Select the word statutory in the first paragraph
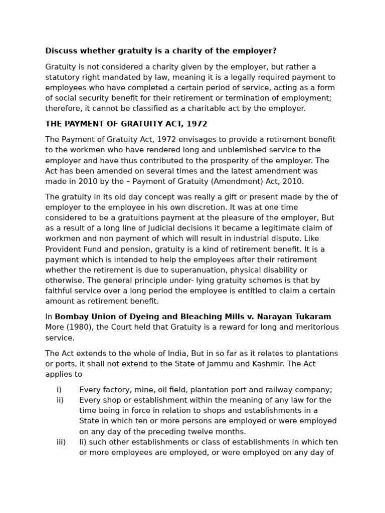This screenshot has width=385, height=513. [62, 77]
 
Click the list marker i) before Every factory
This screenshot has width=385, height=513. [59, 390]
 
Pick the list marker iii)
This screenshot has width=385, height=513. [61, 442]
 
